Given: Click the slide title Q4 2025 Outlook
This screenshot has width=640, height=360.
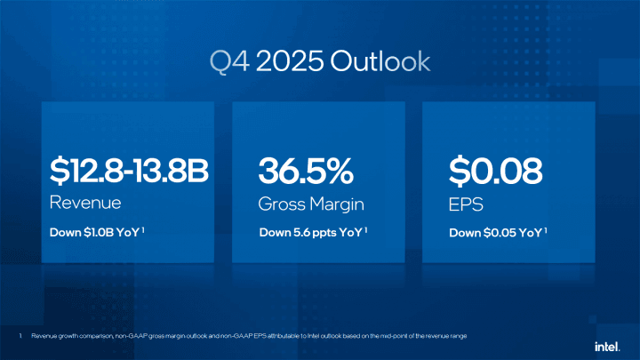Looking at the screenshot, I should pyautogui.click(x=320, y=60).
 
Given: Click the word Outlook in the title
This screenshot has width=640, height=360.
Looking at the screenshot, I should pyautogui.click(x=380, y=60).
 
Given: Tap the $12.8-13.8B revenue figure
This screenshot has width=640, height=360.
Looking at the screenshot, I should pyautogui.click(x=129, y=172).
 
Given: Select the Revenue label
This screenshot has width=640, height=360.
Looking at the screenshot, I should pyautogui.click(x=85, y=203).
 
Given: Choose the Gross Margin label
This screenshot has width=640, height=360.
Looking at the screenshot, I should pyautogui.click(x=311, y=204).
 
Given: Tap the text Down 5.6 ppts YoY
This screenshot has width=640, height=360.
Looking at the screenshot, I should pyautogui.click(x=311, y=233).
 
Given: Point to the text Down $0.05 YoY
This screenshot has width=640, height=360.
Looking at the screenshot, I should pyautogui.click(x=496, y=233).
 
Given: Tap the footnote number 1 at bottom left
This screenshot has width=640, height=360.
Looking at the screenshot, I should pyautogui.click(x=20, y=336).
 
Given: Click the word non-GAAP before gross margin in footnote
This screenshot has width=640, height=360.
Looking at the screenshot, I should pyautogui.click(x=125, y=336).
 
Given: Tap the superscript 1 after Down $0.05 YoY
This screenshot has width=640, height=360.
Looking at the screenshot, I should pyautogui.click(x=546, y=230).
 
